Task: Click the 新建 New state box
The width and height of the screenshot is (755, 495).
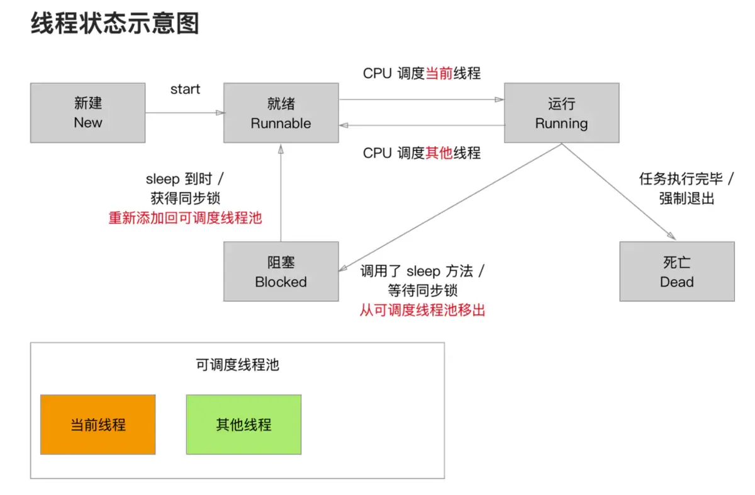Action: pos(88,113)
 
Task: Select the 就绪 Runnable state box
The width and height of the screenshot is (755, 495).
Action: pos(281,113)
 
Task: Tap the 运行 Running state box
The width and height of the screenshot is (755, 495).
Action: pos(561,113)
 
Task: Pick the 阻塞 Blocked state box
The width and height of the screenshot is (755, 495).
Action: pos(281,271)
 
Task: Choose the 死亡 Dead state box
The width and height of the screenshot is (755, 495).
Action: pos(677,271)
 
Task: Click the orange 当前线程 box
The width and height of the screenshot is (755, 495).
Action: pos(98,424)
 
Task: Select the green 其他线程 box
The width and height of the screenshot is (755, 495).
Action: pos(243,424)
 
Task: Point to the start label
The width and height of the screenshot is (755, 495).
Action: pos(185,89)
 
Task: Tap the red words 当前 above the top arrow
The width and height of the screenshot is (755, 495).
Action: pos(439,73)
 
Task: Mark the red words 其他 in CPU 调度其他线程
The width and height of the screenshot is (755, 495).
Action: pos(439,153)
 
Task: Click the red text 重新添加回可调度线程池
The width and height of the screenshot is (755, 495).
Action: pos(185,218)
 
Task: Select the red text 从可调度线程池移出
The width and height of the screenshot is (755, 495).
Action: pos(422,310)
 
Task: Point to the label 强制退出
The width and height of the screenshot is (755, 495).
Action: pos(686,198)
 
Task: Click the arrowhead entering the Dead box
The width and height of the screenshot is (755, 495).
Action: pos(671,236)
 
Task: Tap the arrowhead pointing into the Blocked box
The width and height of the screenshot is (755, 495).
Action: pos(343,268)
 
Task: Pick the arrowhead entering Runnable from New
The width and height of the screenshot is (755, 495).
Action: pos(220,113)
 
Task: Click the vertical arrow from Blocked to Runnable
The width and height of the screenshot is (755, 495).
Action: pos(281,193)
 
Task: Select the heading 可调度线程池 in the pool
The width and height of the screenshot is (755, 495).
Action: pos(238,365)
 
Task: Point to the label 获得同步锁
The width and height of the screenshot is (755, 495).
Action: pos(185,198)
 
